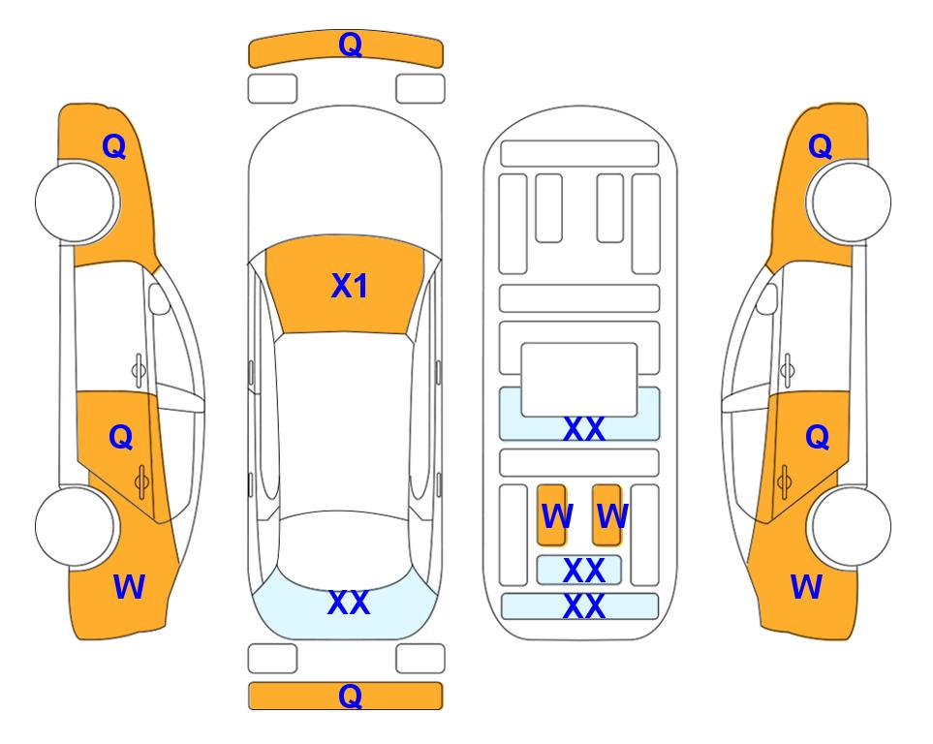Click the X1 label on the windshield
pyautogui.click(x=349, y=286)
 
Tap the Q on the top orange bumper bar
pyautogui.click(x=349, y=45)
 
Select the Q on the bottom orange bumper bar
pyautogui.click(x=349, y=695)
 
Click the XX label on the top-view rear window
pyautogui.click(x=348, y=603)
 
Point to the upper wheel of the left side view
pyautogui.click(x=78, y=201)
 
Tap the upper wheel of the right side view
pyautogui.click(x=851, y=201)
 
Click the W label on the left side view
pyautogui.click(x=129, y=586)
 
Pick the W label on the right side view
pyautogui.click(x=806, y=586)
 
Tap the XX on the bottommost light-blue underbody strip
pyautogui.click(x=583, y=607)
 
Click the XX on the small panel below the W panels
pyautogui.click(x=583, y=571)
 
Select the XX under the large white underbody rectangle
pyautogui.click(x=583, y=429)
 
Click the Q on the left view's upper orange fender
pyautogui.click(x=113, y=146)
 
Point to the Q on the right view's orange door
pyautogui.click(x=817, y=438)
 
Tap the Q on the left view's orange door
pyautogui.click(x=120, y=437)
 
